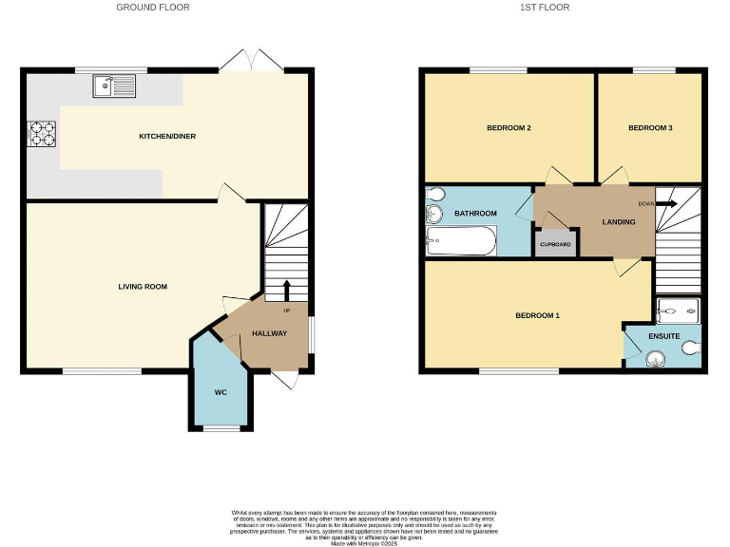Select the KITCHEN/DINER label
167,137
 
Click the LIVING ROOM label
144,286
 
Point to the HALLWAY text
269,333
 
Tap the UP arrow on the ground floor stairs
286,291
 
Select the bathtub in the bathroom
461,242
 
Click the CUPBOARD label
555,245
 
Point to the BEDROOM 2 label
509,127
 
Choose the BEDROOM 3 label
650,127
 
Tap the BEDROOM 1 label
537,315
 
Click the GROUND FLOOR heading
153,8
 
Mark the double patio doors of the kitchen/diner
251,62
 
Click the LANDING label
619,222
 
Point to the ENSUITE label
663,335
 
